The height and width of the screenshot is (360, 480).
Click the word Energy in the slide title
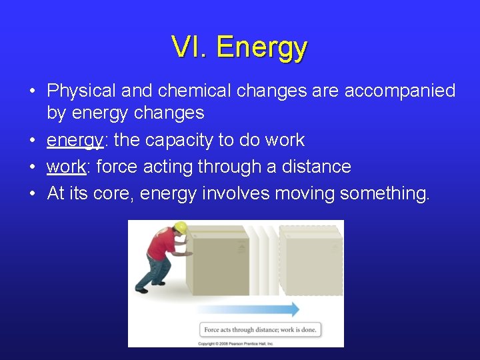pyautogui.click(x=262, y=48)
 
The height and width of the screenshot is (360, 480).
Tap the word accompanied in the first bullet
pyautogui.click(x=399, y=90)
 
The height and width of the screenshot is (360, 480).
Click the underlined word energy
pyautogui.click(x=74, y=141)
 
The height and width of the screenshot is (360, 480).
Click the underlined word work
pyautogui.click(x=66, y=167)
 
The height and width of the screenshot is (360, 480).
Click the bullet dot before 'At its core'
pyautogui.click(x=33, y=193)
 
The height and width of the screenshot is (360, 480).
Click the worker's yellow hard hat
pyautogui.click(x=179, y=228)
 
